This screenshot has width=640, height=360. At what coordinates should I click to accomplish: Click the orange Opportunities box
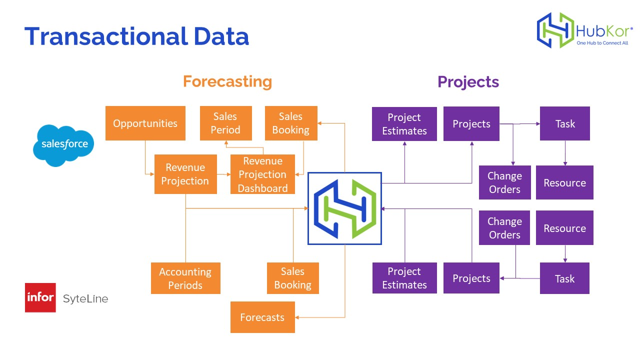[x=145, y=123]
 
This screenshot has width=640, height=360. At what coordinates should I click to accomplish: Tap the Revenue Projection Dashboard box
[x=262, y=174]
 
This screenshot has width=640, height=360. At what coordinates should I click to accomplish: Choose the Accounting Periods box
[x=185, y=278]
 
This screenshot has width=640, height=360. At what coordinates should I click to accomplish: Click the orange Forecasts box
[x=262, y=317]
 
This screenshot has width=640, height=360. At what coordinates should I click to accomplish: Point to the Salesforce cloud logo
[x=64, y=144]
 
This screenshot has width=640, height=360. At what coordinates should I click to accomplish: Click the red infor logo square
[x=40, y=297]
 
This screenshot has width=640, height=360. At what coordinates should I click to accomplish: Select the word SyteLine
[x=85, y=299]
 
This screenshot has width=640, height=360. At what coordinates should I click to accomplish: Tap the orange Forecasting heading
[x=227, y=81]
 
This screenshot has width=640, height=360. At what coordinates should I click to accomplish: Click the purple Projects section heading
[x=468, y=81]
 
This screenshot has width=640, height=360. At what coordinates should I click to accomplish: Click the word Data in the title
[x=221, y=37]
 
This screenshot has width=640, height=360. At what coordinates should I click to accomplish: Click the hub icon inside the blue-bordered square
[x=344, y=208]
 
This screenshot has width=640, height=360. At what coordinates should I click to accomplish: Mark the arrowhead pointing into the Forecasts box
[x=298, y=317]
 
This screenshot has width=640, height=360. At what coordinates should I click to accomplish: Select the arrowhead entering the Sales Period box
[x=226, y=143]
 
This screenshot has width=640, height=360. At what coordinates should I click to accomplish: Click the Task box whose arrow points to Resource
[x=565, y=123]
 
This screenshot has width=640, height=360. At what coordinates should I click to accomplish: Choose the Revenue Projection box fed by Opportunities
[x=185, y=174]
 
